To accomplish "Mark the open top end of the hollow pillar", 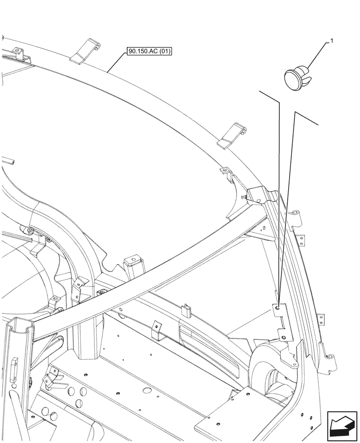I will (x=19, y=326).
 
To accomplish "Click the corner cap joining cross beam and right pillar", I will (x=259, y=195).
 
